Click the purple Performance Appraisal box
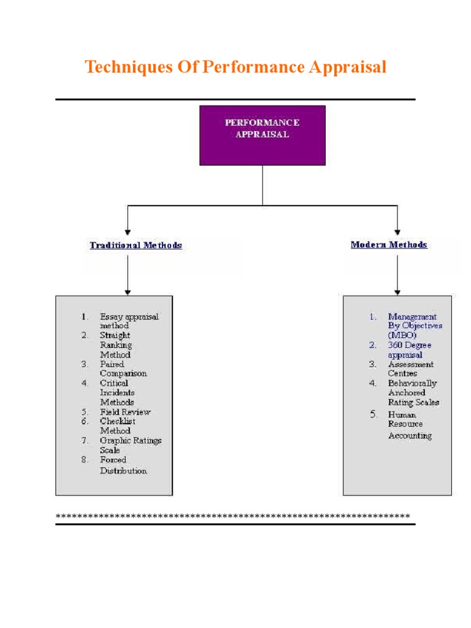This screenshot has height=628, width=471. point(262,135)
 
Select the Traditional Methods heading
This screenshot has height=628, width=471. point(136,245)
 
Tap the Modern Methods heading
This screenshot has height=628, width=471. point(389,245)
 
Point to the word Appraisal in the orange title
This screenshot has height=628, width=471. point(348,67)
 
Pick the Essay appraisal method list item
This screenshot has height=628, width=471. point(129,321)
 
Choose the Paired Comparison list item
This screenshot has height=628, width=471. point(123,369)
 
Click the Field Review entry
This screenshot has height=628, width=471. point(125,412)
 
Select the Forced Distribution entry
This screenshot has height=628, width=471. point(123,465)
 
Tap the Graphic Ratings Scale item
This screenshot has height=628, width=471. point(131,445)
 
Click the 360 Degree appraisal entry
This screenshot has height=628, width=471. point(409,350)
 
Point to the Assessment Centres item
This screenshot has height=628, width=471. point(410,369)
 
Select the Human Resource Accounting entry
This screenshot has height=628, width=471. point(409,425)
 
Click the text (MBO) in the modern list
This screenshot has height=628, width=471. point(401,335)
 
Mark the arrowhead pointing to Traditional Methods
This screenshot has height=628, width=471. point(128,230)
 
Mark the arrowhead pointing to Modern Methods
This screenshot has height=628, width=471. point(397,230)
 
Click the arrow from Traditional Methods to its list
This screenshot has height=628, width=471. point(128,273)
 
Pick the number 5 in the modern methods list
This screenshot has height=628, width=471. point(373,415)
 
